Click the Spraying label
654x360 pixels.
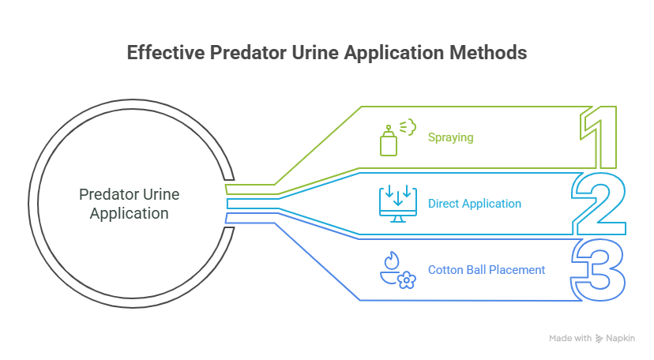[x=450, y=137]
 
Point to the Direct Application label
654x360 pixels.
[x=474, y=204]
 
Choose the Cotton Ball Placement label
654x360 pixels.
[x=486, y=270]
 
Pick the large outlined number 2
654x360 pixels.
[x=598, y=204]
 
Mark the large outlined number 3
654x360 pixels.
[x=599, y=270]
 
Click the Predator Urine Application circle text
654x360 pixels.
[x=129, y=204]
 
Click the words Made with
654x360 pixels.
[x=570, y=339]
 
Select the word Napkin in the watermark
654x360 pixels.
[x=624, y=339]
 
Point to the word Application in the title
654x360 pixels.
[x=379, y=54]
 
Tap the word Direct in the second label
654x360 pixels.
[x=443, y=204]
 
